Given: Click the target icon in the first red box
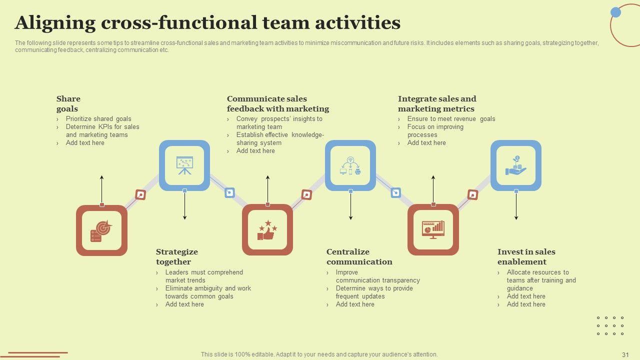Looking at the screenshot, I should pos(101,230).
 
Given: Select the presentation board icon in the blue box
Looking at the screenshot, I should pos(184,165).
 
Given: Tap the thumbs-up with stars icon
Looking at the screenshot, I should pos(267,230).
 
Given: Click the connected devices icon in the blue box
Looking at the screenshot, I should pos(350,165).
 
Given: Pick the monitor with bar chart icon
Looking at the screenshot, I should pos(433,230).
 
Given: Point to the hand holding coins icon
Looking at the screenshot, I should pos(516,165).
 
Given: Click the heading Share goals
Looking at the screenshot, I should pos(68,103).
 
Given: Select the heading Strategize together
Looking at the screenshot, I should pos(176,256).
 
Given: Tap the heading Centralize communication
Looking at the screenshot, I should pos(359,256).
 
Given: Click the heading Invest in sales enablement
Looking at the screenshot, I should pos(526,256).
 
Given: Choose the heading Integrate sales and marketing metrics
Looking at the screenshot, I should pos(436,103).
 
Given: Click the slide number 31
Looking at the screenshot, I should pos(625,354).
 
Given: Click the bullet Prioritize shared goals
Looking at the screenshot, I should pos(98,119).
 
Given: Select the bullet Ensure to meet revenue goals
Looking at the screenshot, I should pos(451,119).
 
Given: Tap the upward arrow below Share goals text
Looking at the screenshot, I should pos(102,187).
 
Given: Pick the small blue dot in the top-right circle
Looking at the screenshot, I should pos(616,12).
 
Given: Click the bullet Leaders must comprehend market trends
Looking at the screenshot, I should pos(203,276).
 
